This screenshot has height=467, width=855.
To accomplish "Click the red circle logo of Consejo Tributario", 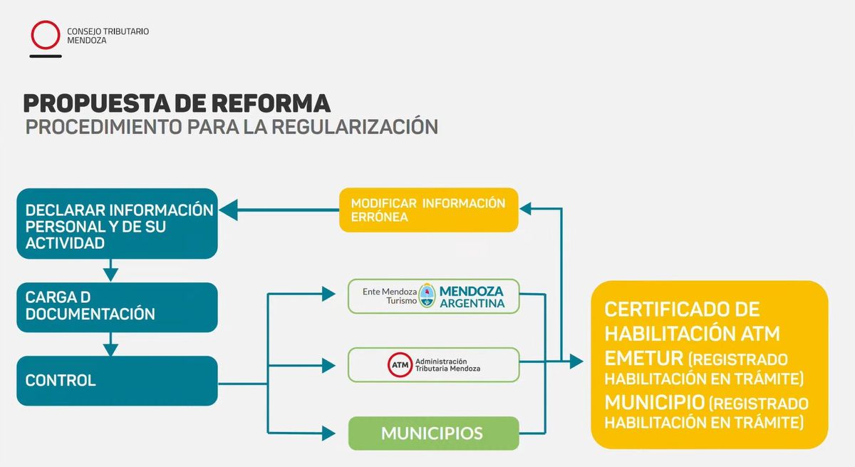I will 46,35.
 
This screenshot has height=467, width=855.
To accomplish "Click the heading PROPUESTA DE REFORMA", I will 177,103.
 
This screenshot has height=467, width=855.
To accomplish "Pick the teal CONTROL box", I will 118,380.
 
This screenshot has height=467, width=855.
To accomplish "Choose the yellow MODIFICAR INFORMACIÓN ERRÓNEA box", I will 428,210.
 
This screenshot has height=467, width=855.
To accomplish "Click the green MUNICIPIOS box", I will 432,433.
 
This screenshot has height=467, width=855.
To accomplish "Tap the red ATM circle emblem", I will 400,365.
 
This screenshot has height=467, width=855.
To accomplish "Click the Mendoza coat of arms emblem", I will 427,295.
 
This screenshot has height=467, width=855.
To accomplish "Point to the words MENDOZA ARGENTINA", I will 471,297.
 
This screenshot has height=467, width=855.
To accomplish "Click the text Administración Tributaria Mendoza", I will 447,365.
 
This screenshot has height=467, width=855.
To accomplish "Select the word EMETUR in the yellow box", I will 643,357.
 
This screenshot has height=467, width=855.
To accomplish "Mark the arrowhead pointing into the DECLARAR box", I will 227,210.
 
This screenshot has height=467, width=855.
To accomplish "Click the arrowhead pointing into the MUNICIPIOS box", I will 329,432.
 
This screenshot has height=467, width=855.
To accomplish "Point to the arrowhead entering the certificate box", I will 577,362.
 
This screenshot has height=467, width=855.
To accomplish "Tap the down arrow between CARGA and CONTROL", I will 110,349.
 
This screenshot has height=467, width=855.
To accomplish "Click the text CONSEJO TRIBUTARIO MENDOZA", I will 108,36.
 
